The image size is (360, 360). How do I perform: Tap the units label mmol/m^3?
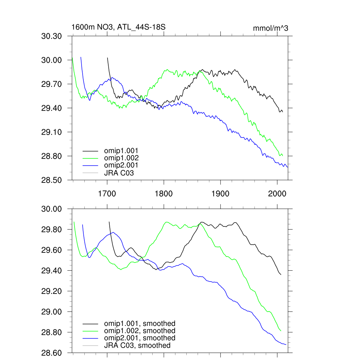pos(270,28)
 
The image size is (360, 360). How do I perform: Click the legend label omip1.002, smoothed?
pos(140,331)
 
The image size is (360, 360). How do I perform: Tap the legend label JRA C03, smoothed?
pos(137,346)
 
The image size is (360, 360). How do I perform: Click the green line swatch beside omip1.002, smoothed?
pos(90,331)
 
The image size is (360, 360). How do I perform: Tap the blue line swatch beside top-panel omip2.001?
pos(90,165)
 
